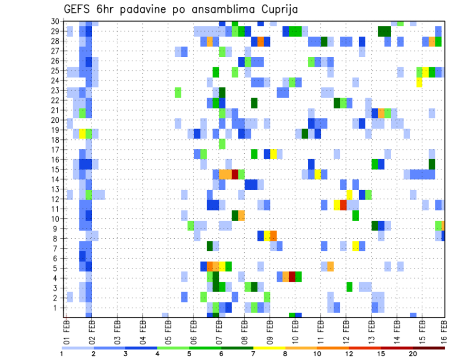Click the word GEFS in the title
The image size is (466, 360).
click(78, 9)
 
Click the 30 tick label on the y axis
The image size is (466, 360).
click(55, 21)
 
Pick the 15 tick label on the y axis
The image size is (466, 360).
click(55, 169)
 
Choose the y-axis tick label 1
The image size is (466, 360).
click(57, 308)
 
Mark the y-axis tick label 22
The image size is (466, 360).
click(55, 100)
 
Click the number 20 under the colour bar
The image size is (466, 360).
click(413, 353)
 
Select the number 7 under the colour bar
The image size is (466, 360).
click(253, 353)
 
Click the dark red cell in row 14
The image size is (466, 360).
click(235, 174)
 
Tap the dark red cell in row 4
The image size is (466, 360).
click(292, 276)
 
